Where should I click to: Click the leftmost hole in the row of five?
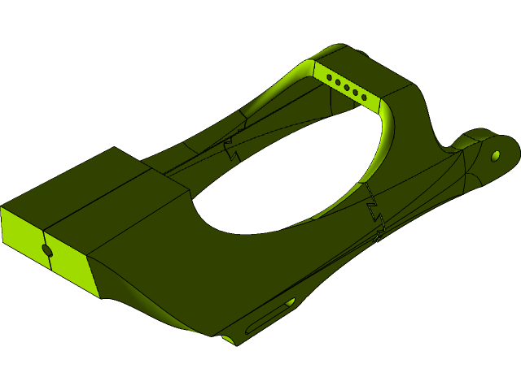click(329, 78)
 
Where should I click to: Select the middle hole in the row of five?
click(346, 86)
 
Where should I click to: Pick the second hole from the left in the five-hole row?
click(337, 82)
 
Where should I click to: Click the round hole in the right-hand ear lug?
click(495, 154)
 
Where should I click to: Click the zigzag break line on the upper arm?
click(231, 149)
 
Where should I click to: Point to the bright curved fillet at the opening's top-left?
click(289, 81)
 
